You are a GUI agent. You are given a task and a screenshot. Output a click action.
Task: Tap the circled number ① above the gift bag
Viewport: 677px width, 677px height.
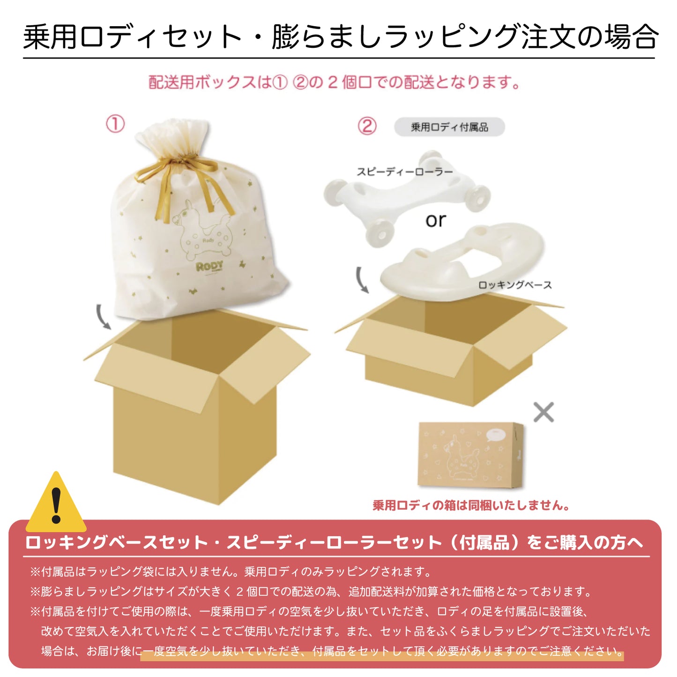(115, 125)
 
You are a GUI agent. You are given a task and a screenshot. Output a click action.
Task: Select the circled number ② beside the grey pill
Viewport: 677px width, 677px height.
(367, 126)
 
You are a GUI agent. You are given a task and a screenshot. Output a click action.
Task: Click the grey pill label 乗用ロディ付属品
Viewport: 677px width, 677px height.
(449, 127)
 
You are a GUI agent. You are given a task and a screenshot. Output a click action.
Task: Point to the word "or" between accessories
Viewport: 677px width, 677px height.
(435, 220)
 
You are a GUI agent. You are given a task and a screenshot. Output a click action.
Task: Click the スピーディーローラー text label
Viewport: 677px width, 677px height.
(405, 172)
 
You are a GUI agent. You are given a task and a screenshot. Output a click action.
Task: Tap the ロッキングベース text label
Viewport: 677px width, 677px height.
(515, 285)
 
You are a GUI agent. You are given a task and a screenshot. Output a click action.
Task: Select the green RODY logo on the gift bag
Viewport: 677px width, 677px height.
(209, 267)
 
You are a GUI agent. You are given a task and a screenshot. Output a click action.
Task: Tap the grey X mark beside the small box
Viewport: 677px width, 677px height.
(543, 412)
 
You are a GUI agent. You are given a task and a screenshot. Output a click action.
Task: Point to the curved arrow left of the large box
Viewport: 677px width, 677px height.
(103, 317)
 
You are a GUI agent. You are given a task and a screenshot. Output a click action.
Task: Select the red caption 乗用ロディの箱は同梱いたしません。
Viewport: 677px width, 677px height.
(471, 506)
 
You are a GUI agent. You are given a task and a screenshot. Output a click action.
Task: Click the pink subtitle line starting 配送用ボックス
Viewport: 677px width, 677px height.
(335, 82)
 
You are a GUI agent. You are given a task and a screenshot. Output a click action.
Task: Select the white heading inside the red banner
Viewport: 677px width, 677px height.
(334, 543)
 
